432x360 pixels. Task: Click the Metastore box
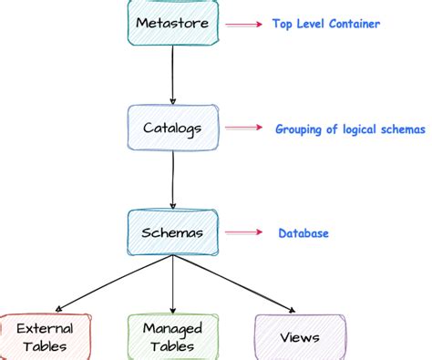coord(171,22)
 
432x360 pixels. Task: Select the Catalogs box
coord(172,128)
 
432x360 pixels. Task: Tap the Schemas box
coord(172,232)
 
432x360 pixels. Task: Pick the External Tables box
coord(46,336)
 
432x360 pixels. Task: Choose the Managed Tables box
coord(172,336)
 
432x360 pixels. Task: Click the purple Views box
coord(300,336)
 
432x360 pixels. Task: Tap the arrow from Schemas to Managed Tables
coord(172,284)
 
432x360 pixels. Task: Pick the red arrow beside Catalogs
coord(243,129)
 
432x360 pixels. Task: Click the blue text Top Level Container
coord(325,25)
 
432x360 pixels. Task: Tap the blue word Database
coord(303,233)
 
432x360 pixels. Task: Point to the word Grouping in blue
coord(300,129)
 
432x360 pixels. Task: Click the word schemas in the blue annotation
coord(403,129)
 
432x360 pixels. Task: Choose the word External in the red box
coord(46,328)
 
